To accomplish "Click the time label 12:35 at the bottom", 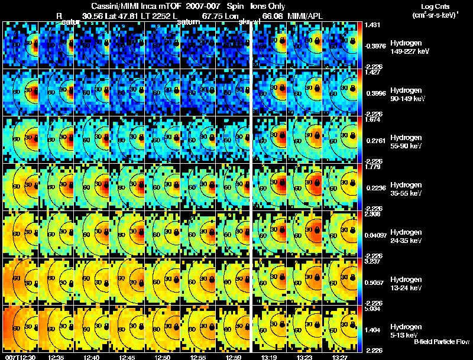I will (57, 357).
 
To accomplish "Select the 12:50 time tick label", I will (163, 357).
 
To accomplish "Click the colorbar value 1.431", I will (373, 25).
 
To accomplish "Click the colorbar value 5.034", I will (373, 309).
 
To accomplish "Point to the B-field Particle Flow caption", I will (441, 342).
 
